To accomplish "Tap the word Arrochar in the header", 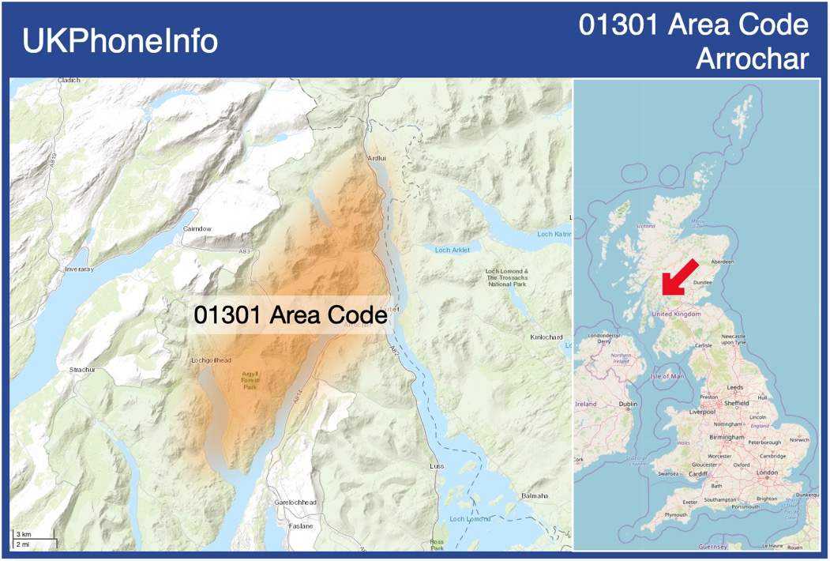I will [752, 59].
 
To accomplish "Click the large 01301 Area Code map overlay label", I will [290, 314].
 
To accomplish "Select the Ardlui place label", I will [377, 158].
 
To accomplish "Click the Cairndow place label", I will [197, 228].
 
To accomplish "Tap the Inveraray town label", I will [79, 269].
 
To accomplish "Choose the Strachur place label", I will [82, 369].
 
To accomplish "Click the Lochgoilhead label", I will [212, 360].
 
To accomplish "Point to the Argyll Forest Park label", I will [250, 381].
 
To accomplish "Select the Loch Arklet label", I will [452, 250].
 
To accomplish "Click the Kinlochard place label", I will [546, 337].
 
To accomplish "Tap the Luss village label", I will [437, 466].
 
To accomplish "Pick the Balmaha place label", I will [535, 495].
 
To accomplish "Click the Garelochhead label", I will [295, 503].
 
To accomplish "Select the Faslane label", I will [300, 525].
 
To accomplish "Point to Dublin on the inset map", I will [628, 404].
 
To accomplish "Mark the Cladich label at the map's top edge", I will [69, 81].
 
